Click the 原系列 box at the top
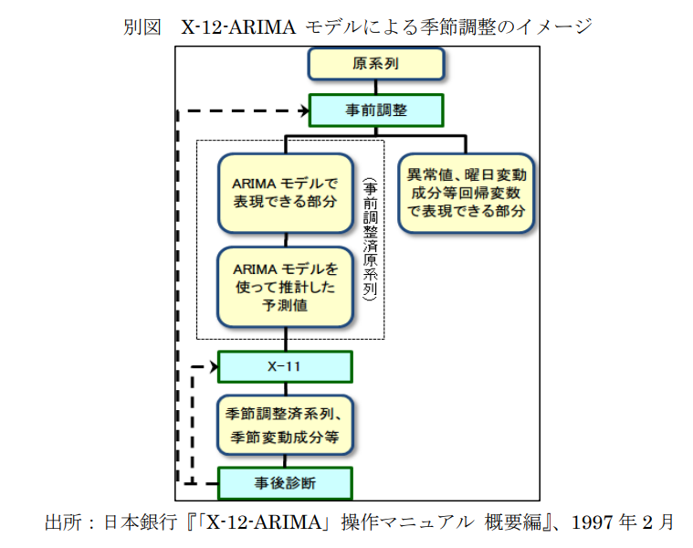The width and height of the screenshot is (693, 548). pos(376,64)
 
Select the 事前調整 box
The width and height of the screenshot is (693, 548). pos(376,111)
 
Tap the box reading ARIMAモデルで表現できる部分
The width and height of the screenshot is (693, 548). pos(285,192)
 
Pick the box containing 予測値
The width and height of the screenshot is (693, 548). pos(285,286)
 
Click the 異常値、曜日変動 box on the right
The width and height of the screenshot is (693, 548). pos(466,192)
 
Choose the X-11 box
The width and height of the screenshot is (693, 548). pos(285,367)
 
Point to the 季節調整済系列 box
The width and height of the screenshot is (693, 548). pos(285,426)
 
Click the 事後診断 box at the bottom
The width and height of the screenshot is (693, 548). pos(285,481)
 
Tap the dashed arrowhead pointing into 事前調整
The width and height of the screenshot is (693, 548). pos(303,111)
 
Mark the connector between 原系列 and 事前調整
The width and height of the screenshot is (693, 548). pos(376,87)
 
